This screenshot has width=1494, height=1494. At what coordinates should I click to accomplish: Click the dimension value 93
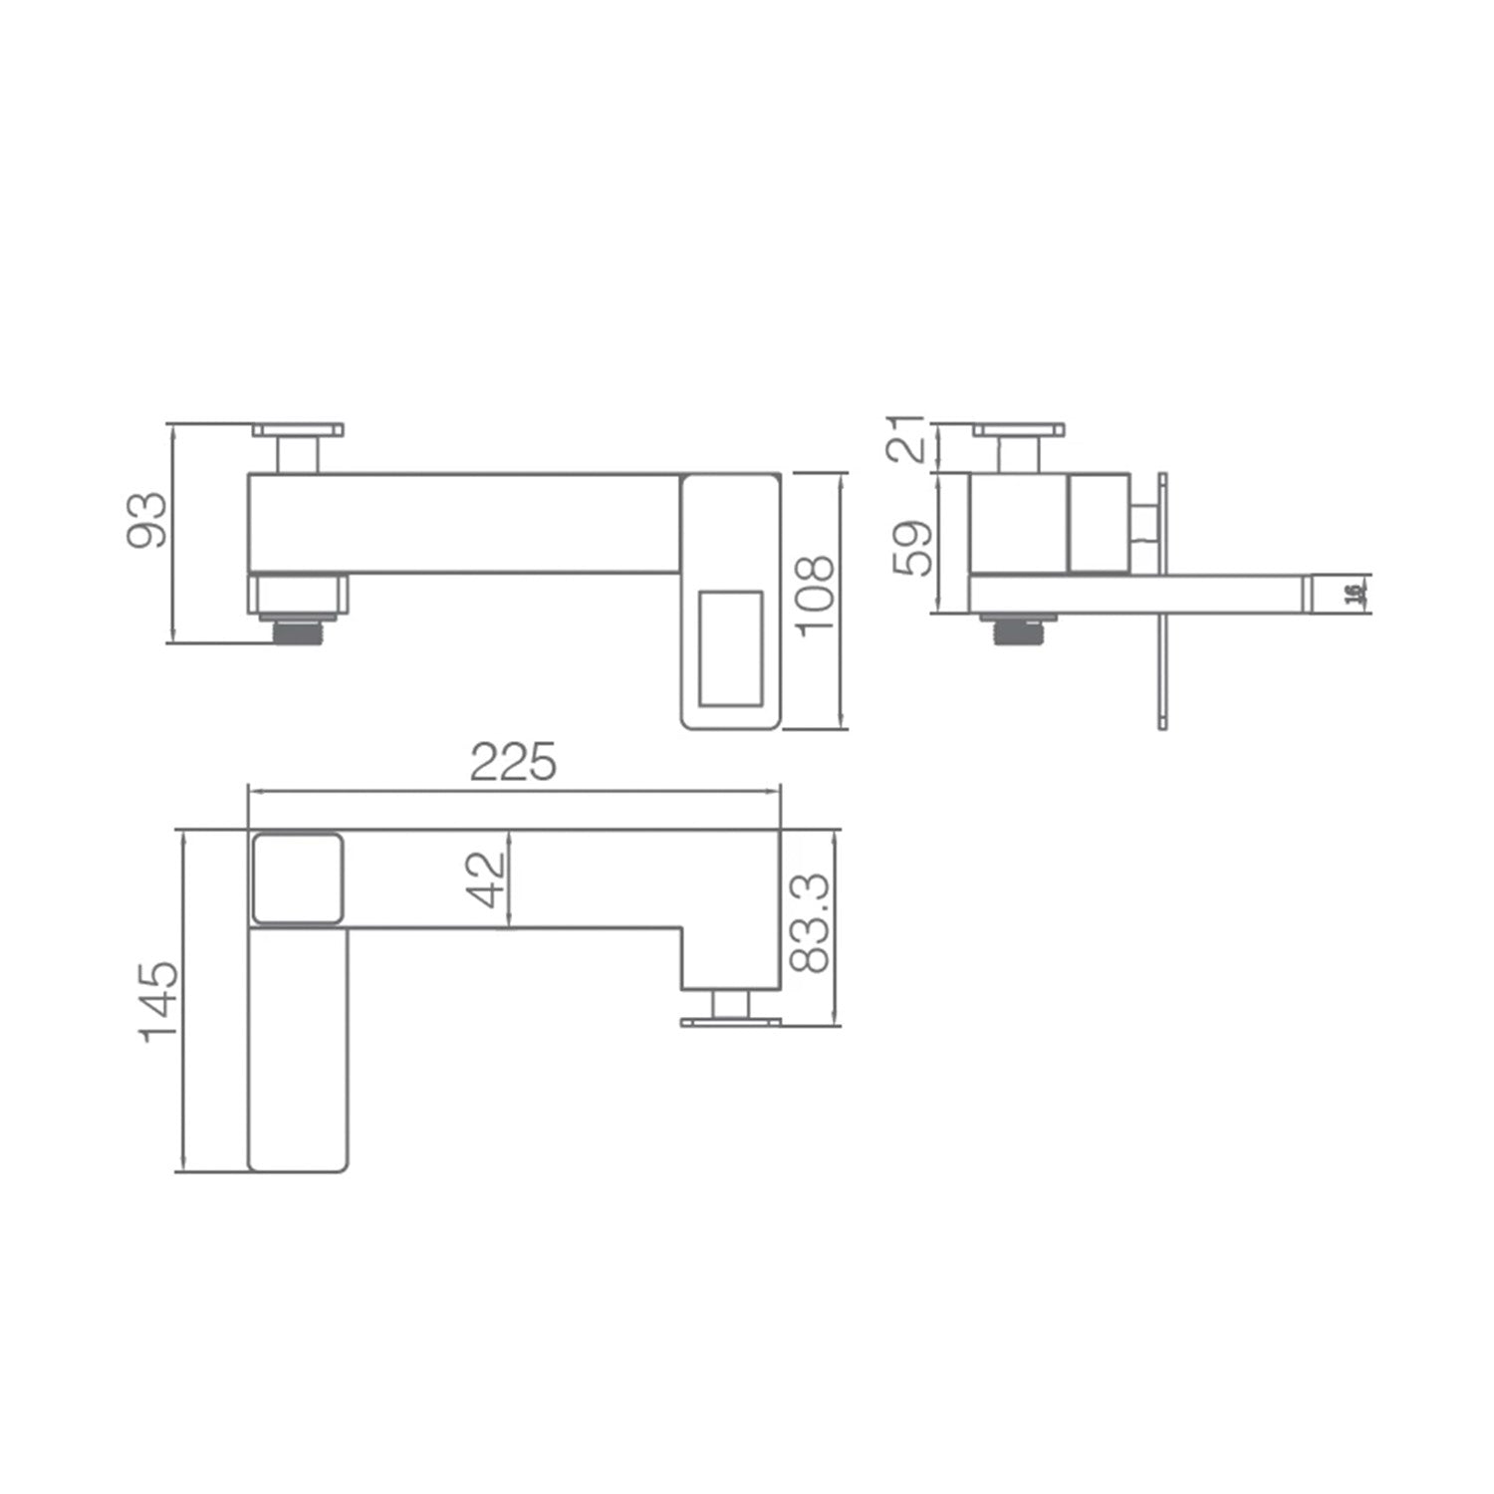pyautogui.click(x=148, y=519)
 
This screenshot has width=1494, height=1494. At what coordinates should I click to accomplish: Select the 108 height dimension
pyautogui.click(x=814, y=594)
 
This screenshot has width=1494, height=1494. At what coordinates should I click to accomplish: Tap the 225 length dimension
pyautogui.click(x=513, y=763)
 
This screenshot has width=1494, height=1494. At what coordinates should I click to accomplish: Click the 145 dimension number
pyautogui.click(x=159, y=1001)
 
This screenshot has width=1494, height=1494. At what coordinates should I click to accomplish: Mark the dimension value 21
pyautogui.click(x=909, y=439)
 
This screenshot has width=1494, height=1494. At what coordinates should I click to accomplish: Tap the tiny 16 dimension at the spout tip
pyautogui.click(x=1352, y=594)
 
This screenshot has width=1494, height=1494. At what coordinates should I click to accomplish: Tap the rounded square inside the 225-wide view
pyautogui.click(x=298, y=878)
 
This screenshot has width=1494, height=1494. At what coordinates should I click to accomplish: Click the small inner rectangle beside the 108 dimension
pyautogui.click(x=731, y=648)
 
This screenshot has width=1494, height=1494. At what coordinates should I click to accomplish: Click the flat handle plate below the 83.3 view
pyautogui.click(x=730, y=1022)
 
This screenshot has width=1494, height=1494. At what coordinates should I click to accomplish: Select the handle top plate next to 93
pyautogui.click(x=298, y=430)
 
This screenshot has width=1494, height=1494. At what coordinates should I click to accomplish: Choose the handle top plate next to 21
pyautogui.click(x=1019, y=430)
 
